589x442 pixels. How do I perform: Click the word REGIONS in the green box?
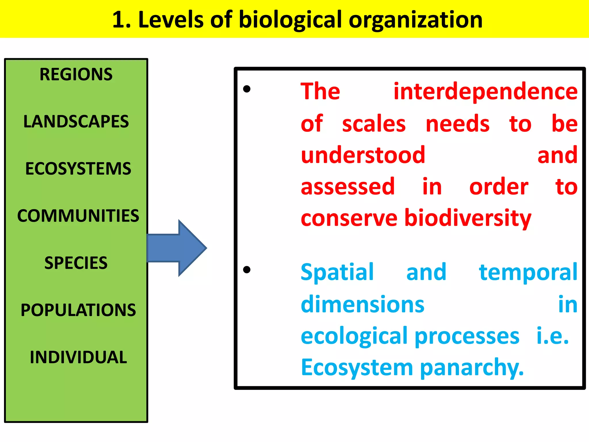(x=76, y=74)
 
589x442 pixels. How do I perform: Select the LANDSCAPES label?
(x=76, y=121)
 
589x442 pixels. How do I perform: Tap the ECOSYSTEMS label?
(x=78, y=169)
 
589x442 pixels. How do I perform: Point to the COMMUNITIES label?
(x=78, y=216)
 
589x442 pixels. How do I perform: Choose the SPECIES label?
(x=76, y=263)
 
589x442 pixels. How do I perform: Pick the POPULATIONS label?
(x=78, y=310)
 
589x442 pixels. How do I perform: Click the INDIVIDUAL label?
(x=78, y=357)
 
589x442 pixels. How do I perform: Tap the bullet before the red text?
(x=247, y=89)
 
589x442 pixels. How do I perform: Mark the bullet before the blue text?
(x=247, y=270)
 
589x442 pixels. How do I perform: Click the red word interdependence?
(x=485, y=92)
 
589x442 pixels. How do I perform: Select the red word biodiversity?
(x=468, y=218)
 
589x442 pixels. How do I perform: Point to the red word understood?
(x=363, y=155)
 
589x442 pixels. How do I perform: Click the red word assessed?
(x=348, y=186)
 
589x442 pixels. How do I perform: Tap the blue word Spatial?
(x=337, y=272)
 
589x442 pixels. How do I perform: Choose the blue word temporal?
(x=528, y=272)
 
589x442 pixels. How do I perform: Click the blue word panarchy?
(x=472, y=368)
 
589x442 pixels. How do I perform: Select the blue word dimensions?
(x=362, y=304)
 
